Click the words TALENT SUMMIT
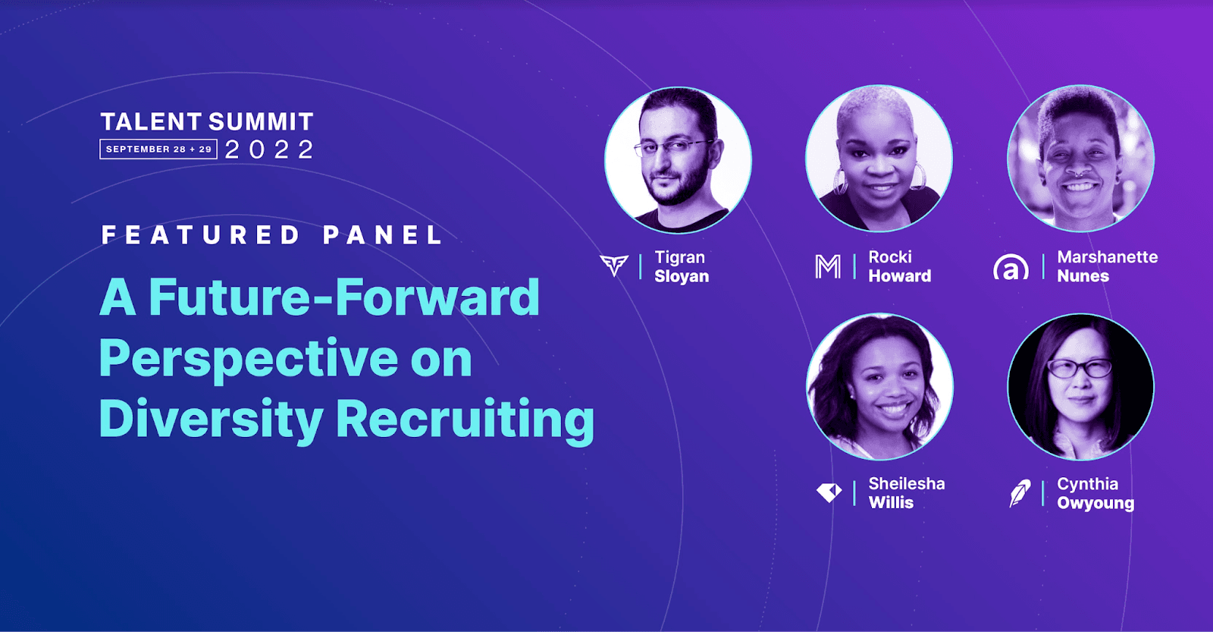pyautogui.click(x=206, y=121)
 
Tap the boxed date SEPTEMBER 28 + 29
pyautogui.click(x=158, y=149)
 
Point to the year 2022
pyautogui.click(x=270, y=149)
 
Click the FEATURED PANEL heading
pyautogui.click(x=272, y=235)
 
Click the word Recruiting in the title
pyautogui.click(x=465, y=419)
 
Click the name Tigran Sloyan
pyautogui.click(x=681, y=266)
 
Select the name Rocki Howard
pyautogui.click(x=899, y=266)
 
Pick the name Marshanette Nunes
pyautogui.click(x=1107, y=266)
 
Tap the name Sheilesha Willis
pyautogui.click(x=906, y=493)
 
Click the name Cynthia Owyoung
pyautogui.click(x=1095, y=493)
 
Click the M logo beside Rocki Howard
pyautogui.click(x=827, y=266)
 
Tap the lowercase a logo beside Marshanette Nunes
pyautogui.click(x=1011, y=267)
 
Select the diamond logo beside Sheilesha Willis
pyautogui.click(x=829, y=492)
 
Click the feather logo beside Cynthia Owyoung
pyautogui.click(x=1020, y=493)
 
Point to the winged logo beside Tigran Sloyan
pyautogui.click(x=613, y=265)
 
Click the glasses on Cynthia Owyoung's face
pyautogui.click(x=1079, y=369)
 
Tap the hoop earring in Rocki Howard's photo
pyautogui.click(x=840, y=181)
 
